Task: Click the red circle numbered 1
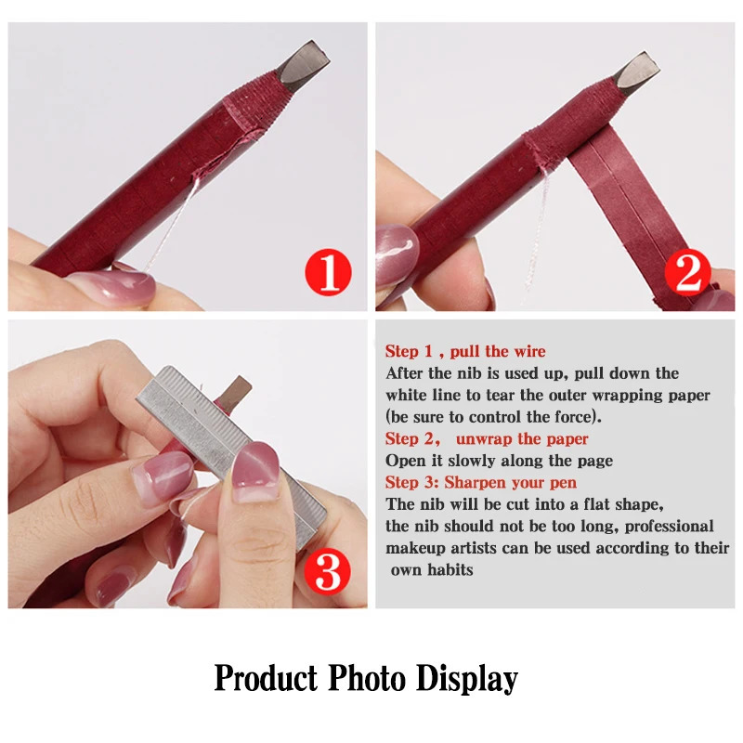pyautogui.click(x=328, y=274)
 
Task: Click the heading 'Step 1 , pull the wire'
pyautogui.click(x=465, y=351)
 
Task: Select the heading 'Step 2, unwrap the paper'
pyautogui.click(x=487, y=438)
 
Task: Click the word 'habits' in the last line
pyautogui.click(x=450, y=569)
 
